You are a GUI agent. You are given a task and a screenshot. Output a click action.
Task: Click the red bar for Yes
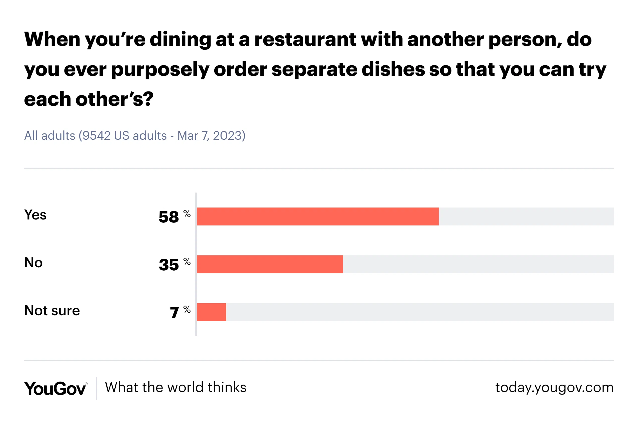point(318,216)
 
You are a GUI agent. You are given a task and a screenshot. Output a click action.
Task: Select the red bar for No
point(270,264)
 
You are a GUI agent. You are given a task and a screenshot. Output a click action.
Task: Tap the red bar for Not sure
point(211,312)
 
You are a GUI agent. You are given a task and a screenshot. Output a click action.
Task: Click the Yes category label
point(35,215)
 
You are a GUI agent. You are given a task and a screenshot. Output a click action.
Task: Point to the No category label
point(33,263)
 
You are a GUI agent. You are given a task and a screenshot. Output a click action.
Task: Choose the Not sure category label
point(52,311)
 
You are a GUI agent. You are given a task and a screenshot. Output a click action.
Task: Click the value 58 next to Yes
point(169,217)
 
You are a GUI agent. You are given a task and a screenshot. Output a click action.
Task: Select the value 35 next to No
point(169,265)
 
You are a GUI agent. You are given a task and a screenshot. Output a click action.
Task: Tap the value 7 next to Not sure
point(174,313)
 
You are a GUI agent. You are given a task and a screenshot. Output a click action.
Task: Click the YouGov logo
point(55,388)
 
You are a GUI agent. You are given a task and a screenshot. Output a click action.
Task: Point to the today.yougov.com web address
point(554,387)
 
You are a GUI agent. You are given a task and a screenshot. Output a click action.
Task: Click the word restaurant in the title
point(305,39)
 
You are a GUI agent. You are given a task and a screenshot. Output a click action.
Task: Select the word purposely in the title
point(160,70)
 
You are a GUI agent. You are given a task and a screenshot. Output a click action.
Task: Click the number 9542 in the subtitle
point(96,135)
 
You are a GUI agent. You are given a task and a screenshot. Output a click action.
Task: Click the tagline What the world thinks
point(176,387)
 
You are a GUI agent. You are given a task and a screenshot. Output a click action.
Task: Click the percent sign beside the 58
point(187,214)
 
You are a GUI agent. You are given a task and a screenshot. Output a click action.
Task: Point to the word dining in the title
point(180,39)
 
